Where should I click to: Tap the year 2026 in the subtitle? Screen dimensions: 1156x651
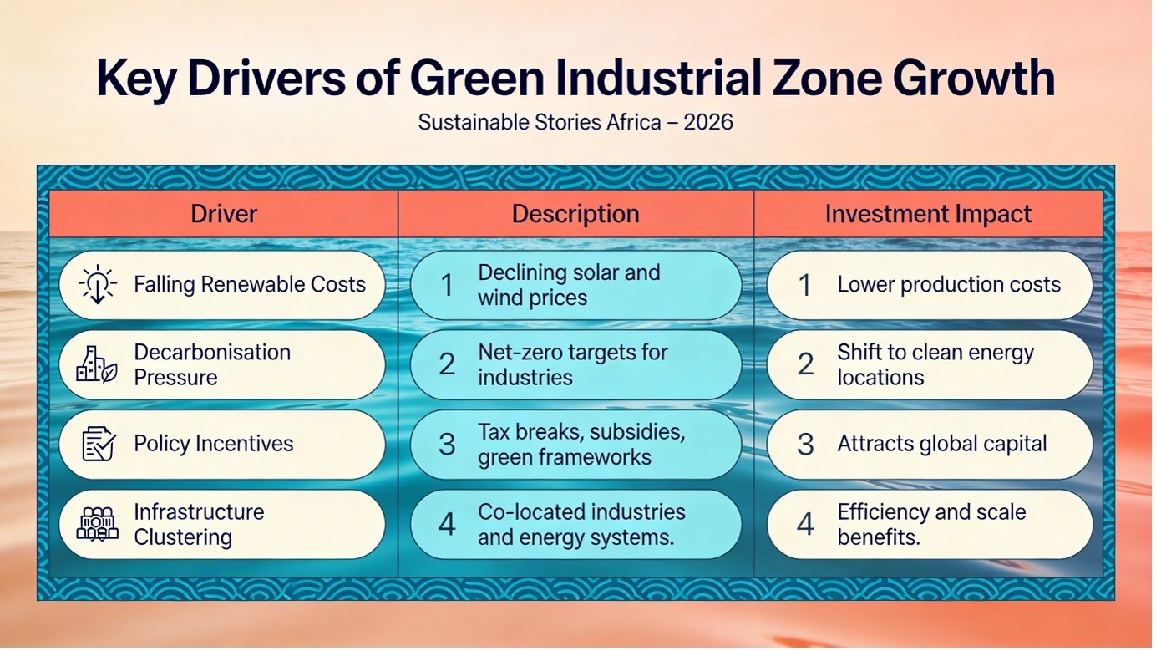click(x=708, y=122)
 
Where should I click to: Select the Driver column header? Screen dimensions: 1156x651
click(x=224, y=214)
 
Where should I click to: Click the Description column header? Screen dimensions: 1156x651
click(x=575, y=214)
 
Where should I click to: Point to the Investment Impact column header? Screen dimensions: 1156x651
click(x=928, y=214)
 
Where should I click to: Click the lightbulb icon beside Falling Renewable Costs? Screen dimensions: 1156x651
click(x=98, y=284)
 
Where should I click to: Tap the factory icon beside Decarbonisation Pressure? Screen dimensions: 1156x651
click(x=97, y=364)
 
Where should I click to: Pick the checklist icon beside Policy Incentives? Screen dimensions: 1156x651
click(x=99, y=444)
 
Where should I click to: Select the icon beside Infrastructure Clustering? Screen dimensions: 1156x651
click(x=98, y=524)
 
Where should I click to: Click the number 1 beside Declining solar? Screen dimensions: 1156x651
click(x=447, y=285)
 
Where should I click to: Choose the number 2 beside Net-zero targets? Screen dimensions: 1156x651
click(x=447, y=364)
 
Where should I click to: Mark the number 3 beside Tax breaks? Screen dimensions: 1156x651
click(x=447, y=445)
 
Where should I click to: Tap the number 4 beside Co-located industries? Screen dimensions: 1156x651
click(x=447, y=525)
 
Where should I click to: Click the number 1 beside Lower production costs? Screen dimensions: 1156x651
click(x=804, y=285)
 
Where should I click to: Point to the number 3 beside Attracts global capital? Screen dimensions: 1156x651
click(x=805, y=445)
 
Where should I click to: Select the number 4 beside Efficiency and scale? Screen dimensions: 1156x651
click(x=805, y=525)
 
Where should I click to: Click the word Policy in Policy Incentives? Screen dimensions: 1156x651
click(x=160, y=444)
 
